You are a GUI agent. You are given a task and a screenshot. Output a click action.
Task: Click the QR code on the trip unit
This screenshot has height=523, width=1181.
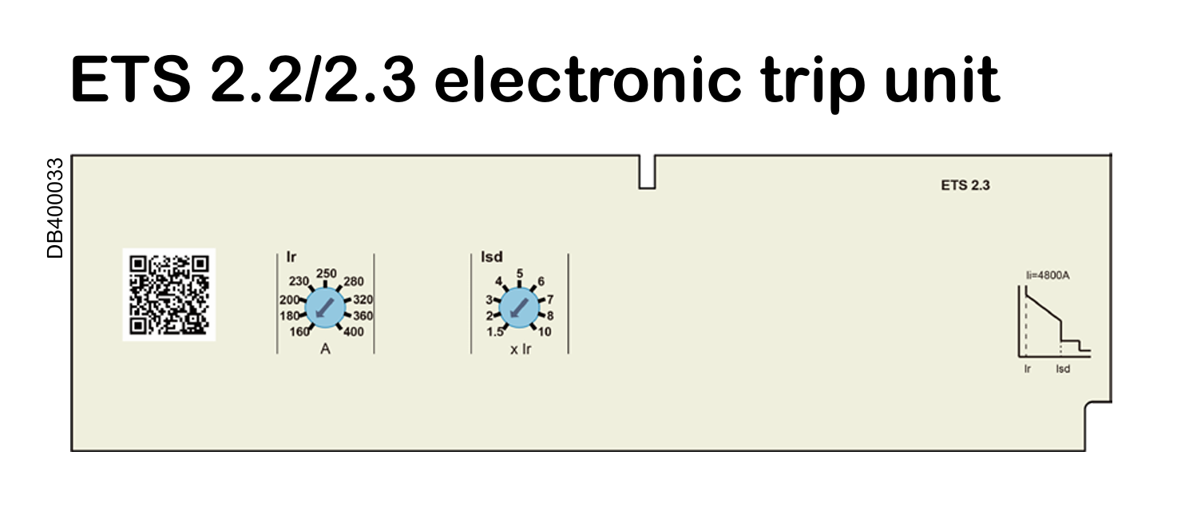coord(169,295)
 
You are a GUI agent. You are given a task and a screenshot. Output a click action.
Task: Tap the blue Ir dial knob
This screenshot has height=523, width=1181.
coord(325,308)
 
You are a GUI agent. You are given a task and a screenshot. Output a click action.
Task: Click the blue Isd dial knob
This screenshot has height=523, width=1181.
coord(519,308)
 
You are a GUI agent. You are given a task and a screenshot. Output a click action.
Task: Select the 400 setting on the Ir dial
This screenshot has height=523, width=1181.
coord(354,332)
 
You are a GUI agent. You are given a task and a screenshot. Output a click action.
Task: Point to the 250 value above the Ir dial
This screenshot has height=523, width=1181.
coord(327,274)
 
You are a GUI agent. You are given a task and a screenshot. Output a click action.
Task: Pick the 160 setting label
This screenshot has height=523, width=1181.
coord(299,332)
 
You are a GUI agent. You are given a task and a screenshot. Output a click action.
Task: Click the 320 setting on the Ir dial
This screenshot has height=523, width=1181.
coord(363,300)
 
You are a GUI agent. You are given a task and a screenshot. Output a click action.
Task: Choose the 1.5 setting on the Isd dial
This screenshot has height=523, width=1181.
coord(495,332)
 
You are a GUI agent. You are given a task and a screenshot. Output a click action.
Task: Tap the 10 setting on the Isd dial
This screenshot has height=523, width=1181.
coord(545,332)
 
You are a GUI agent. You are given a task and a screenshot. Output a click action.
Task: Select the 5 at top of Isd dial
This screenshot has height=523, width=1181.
coord(520,274)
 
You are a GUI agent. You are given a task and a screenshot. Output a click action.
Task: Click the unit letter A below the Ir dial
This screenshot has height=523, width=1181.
coord(325,349)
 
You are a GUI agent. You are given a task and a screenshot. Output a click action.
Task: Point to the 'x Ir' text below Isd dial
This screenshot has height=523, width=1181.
coord(521,349)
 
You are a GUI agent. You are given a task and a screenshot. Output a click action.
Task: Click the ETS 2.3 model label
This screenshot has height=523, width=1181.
coord(965,185)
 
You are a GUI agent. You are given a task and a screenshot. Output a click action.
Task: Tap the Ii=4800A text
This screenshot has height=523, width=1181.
coord(1048,275)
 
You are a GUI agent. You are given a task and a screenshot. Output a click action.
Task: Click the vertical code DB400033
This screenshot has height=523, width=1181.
coord(55,208)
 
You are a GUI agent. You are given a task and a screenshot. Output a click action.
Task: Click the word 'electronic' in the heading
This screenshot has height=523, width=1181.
coord(588,80)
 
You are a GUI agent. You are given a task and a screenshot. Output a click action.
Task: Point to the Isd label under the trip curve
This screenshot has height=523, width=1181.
coord(1063,369)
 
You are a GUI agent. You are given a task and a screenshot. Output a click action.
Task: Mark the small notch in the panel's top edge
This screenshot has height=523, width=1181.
coord(647,172)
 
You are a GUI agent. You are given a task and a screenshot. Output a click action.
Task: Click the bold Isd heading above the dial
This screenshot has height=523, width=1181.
coord(491,257)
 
